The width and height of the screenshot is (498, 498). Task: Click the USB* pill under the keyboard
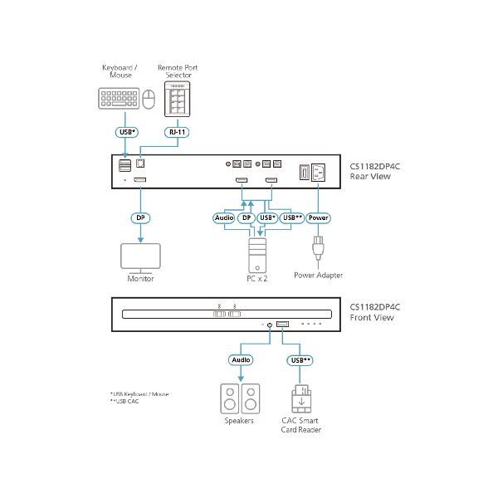pyautogui.click(x=126, y=130)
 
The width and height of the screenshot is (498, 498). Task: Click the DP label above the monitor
pyautogui.click(x=140, y=217)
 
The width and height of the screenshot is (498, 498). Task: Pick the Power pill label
pyautogui.click(x=318, y=217)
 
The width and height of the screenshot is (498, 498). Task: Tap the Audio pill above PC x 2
pyautogui.click(x=224, y=217)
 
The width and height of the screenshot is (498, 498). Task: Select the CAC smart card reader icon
pyautogui.click(x=300, y=401)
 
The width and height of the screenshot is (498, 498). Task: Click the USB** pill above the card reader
pyautogui.click(x=300, y=361)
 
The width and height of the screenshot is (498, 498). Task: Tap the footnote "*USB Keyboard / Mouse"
pyautogui.click(x=139, y=393)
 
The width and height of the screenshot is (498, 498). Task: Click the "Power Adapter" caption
pyautogui.click(x=318, y=276)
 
